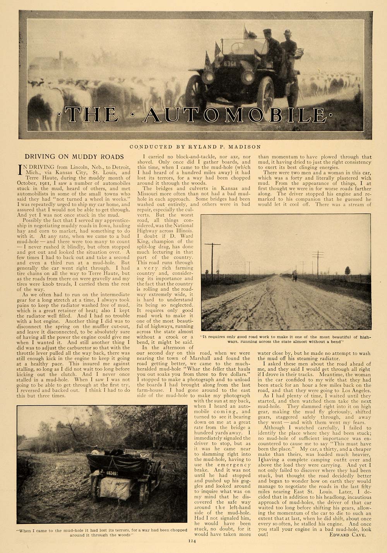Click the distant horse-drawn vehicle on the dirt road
(x=295, y=276)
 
